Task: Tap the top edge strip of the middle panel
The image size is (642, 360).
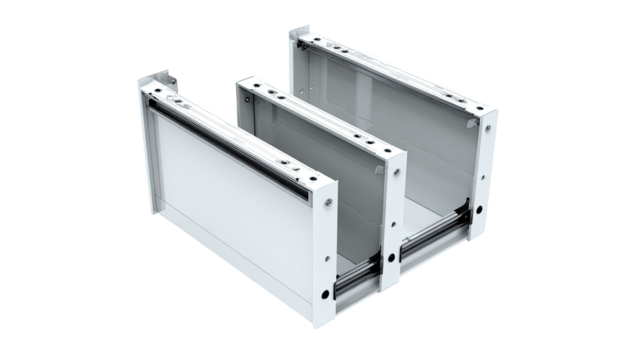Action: point(320,118)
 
